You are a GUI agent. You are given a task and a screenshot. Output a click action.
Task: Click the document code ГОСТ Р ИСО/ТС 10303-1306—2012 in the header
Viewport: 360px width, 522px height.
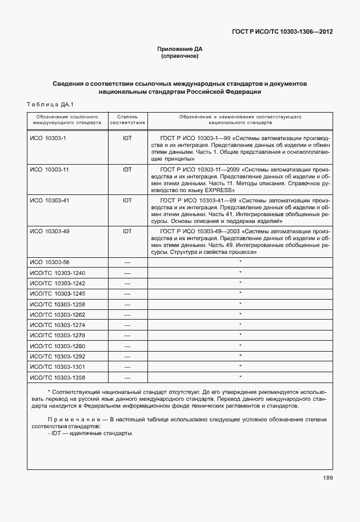(x=282, y=31)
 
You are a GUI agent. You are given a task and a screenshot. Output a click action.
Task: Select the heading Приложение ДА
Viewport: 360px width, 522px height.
(x=180, y=49)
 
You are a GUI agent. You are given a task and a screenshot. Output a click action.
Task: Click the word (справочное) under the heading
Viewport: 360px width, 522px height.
(x=180, y=56)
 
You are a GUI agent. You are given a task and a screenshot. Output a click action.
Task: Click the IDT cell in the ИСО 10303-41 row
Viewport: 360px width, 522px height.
(x=127, y=201)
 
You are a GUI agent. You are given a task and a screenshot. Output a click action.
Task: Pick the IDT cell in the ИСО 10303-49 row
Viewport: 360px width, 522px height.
(x=127, y=232)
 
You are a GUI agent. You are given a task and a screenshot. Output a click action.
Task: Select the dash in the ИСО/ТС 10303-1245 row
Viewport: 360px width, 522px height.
(x=127, y=294)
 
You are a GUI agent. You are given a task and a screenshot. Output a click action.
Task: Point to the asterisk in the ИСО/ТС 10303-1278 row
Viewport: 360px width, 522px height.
(x=241, y=335)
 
